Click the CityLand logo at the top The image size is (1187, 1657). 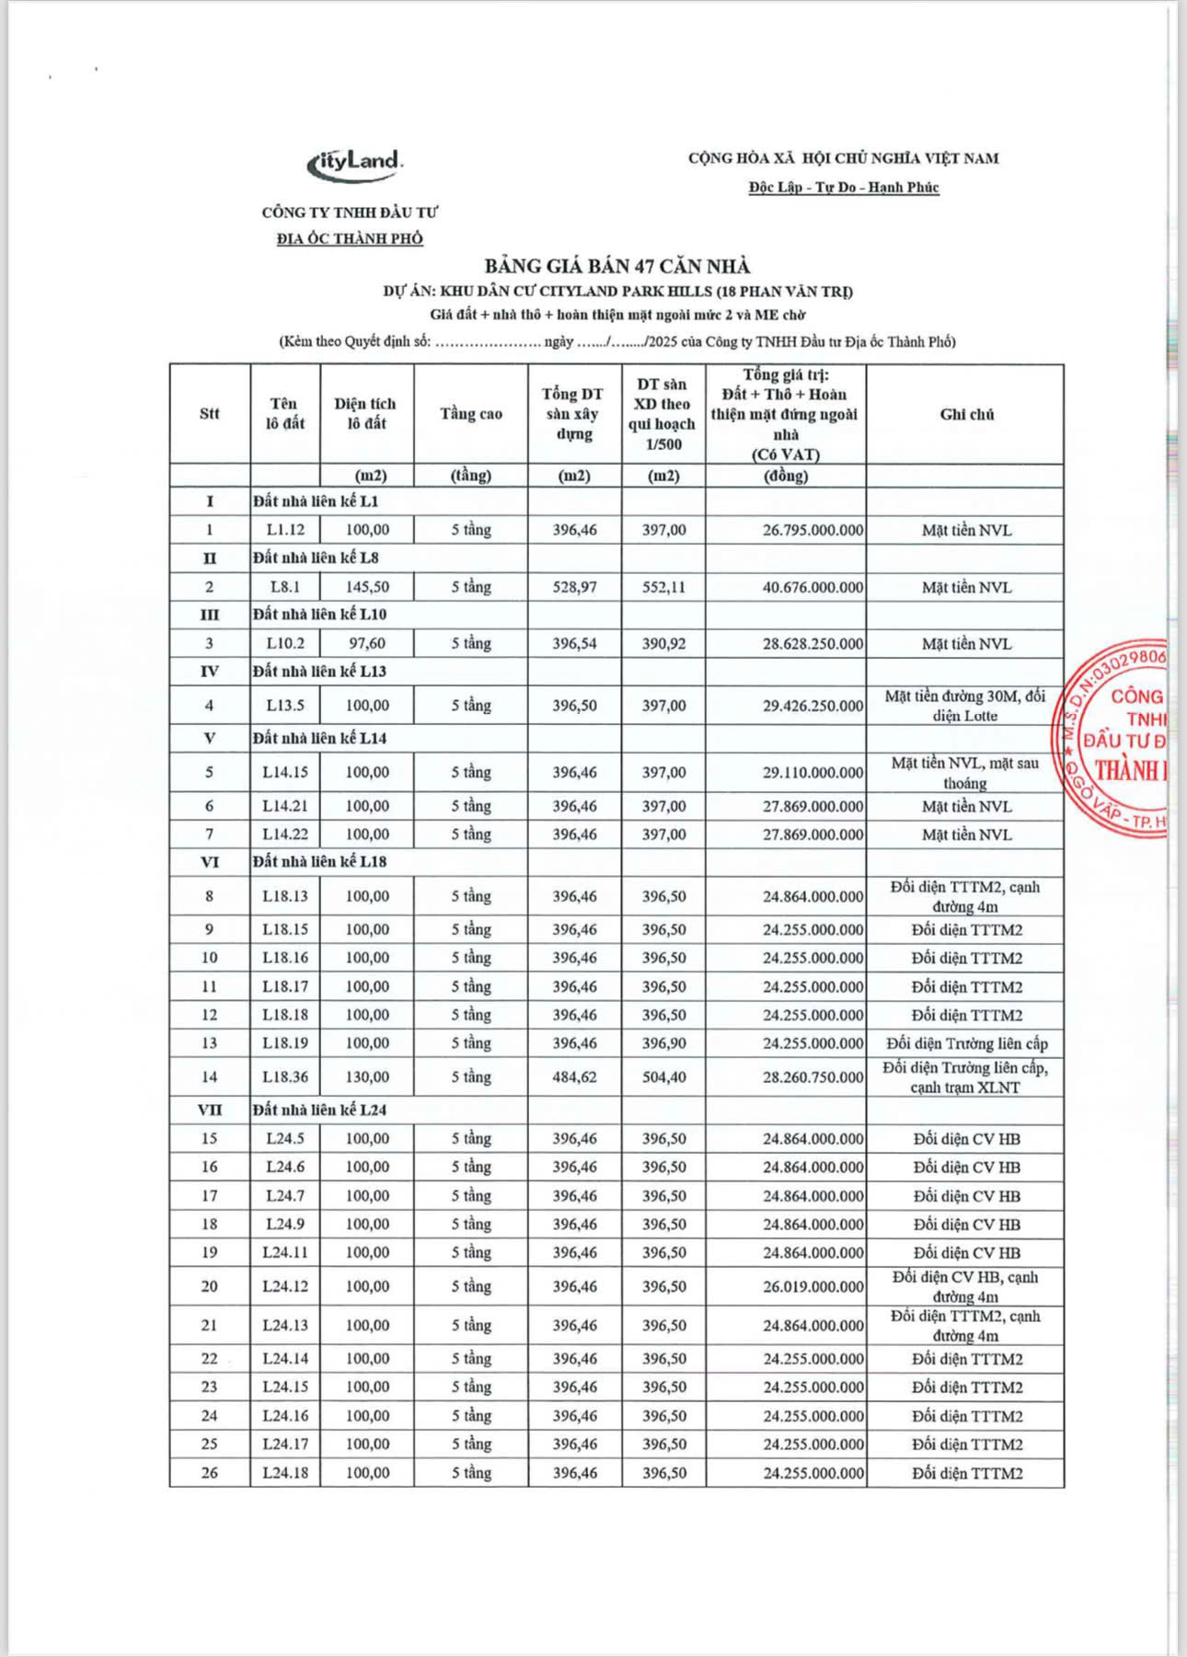click(x=355, y=163)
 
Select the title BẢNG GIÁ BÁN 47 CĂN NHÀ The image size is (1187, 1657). click(x=617, y=267)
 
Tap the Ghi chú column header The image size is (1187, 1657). click(x=966, y=414)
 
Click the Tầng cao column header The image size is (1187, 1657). click(x=471, y=414)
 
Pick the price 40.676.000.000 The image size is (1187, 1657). click(x=812, y=587)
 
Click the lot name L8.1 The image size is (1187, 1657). click(x=285, y=587)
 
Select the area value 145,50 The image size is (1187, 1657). click(x=367, y=587)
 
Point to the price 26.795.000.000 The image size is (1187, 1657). click(x=812, y=530)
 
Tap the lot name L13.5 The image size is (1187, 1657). click(x=285, y=706)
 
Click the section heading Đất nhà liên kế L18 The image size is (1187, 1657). click(x=319, y=862)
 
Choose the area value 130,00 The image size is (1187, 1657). click(x=367, y=1076)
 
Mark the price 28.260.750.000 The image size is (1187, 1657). click(x=812, y=1076)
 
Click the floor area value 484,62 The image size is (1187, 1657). click(x=574, y=1076)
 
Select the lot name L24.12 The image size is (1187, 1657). click(x=285, y=1286)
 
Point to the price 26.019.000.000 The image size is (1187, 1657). click(x=812, y=1286)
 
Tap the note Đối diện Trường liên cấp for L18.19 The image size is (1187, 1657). click(x=966, y=1043)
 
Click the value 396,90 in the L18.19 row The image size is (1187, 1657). click(x=663, y=1043)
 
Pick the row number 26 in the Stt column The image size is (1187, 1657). click(x=210, y=1473)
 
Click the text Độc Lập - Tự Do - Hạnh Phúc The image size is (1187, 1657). click(x=843, y=188)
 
